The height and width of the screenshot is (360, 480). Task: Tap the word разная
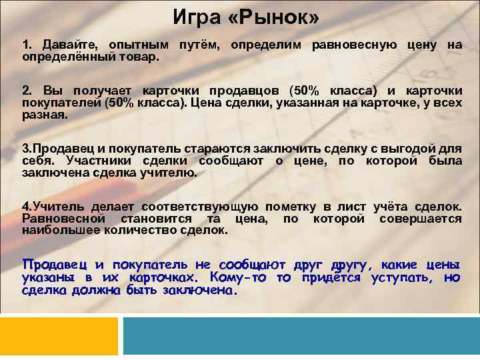click(x=45, y=115)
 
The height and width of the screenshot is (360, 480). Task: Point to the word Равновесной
click(x=63, y=219)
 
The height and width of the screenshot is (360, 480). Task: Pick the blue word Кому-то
click(x=237, y=277)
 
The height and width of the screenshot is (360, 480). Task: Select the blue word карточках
click(x=155, y=277)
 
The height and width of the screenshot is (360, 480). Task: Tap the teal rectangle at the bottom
click(x=301, y=336)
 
